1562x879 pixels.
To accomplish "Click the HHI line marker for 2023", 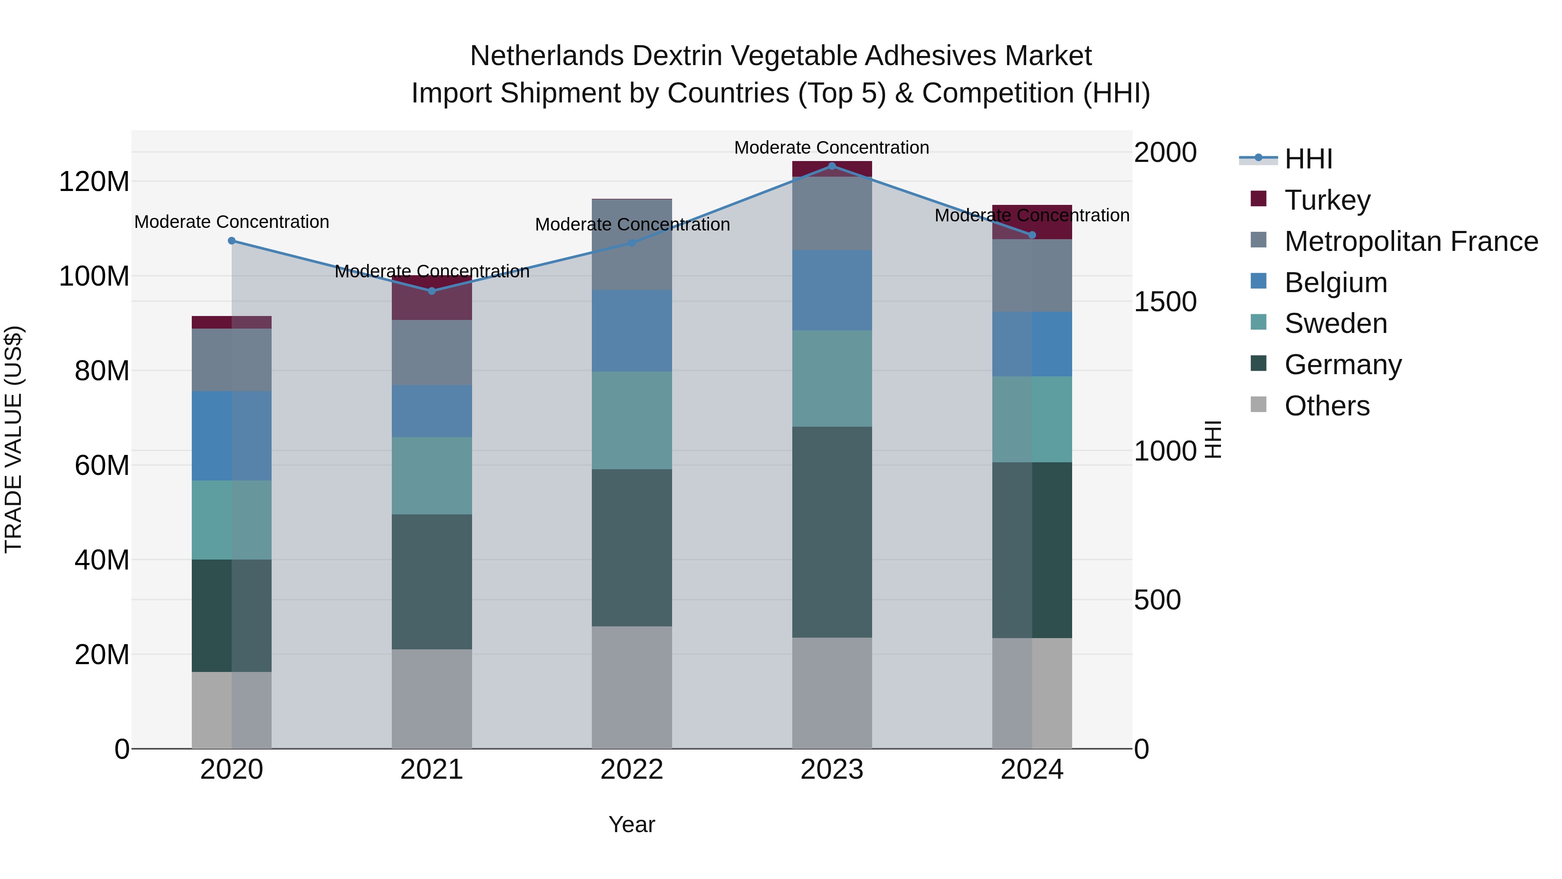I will tap(832, 166).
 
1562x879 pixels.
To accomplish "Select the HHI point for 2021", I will tap(432, 291).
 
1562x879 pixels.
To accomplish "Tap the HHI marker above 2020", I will tap(232, 241).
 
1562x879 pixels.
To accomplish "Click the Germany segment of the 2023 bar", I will tap(832, 532).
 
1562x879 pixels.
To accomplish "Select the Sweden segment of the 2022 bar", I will tap(632, 420).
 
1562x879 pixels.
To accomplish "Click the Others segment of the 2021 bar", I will tap(432, 699).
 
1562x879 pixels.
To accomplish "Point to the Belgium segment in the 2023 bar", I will tap(832, 290).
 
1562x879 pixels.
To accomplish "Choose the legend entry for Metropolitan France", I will tap(1411, 241).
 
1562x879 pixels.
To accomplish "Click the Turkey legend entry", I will tap(1327, 200).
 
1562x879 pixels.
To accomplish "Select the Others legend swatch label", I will tap(1327, 406).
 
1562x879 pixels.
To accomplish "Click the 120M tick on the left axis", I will tap(94, 181).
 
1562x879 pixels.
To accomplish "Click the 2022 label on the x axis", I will tap(632, 770).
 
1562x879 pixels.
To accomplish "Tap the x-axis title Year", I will tap(632, 824).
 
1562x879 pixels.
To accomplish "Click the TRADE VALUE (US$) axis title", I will tap(13, 439).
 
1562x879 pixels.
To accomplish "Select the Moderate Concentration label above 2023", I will tap(831, 148).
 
